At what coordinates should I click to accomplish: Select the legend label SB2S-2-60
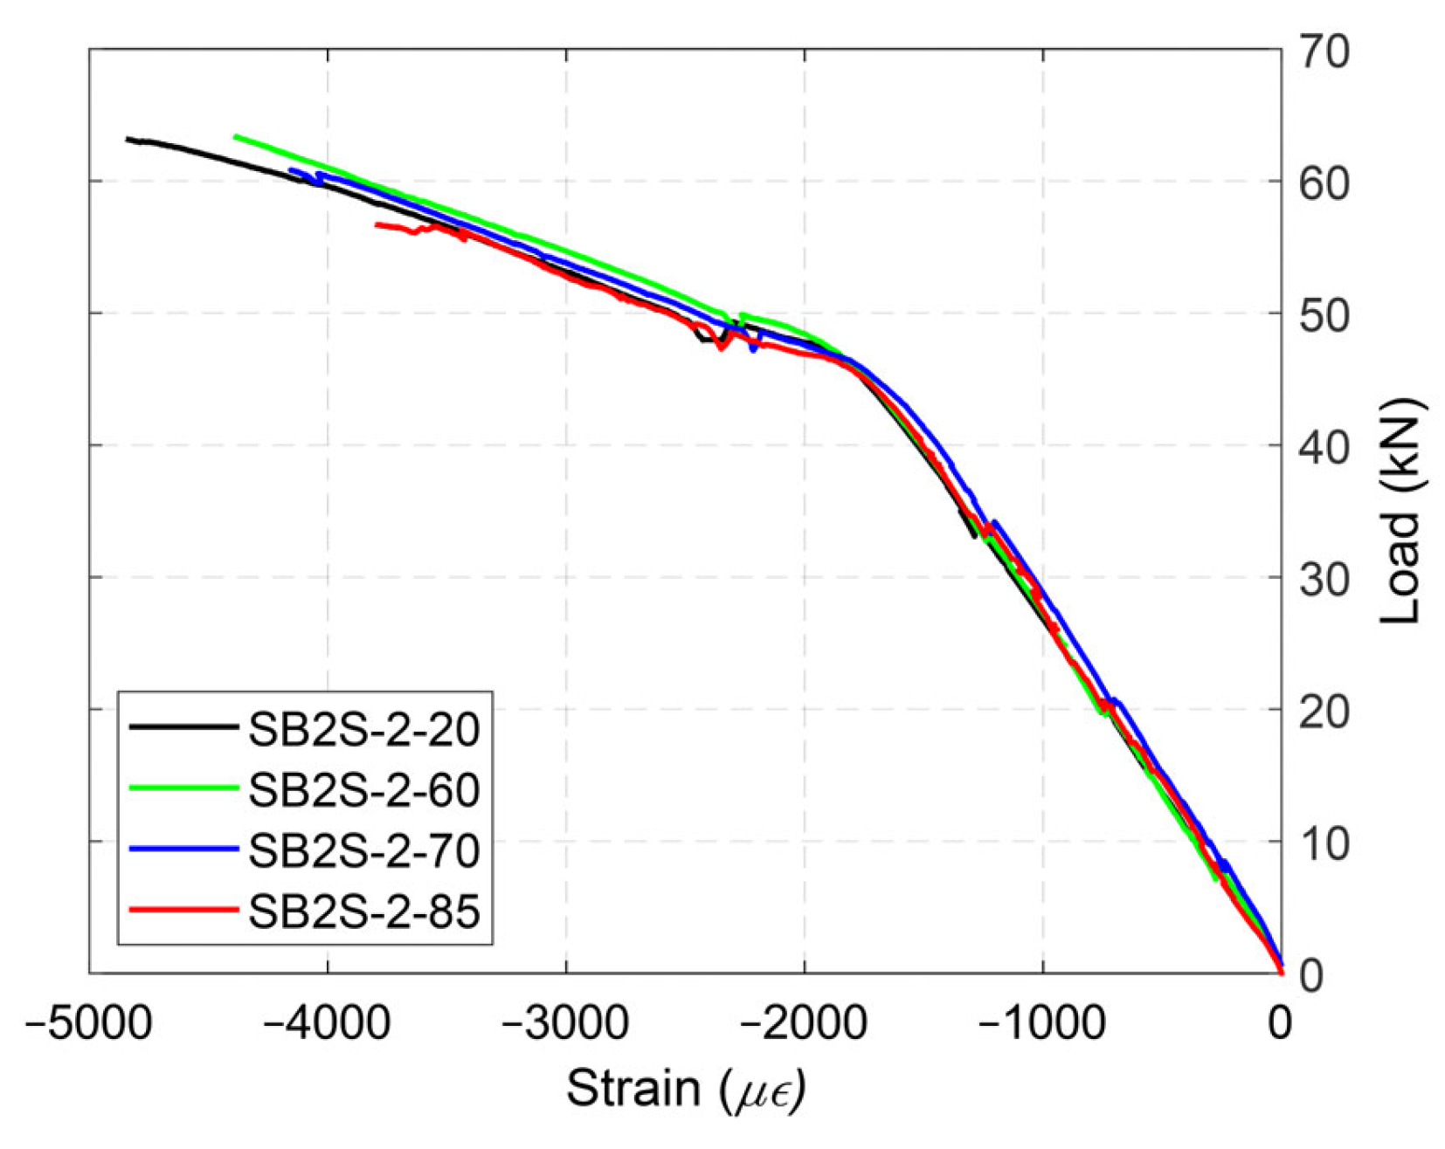tap(363, 791)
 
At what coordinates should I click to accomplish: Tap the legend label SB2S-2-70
tap(363, 851)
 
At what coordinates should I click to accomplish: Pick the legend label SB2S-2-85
tap(363, 912)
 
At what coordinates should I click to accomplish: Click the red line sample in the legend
tap(183, 910)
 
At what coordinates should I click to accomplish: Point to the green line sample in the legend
tap(183, 788)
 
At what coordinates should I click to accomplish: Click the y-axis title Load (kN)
tap(1402, 511)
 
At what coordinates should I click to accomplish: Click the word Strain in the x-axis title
tap(633, 1089)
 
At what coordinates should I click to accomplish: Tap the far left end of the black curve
tap(128, 139)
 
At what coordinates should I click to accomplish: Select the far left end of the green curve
tap(236, 137)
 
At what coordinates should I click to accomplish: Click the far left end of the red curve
tap(377, 225)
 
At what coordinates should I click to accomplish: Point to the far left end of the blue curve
tap(291, 170)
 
